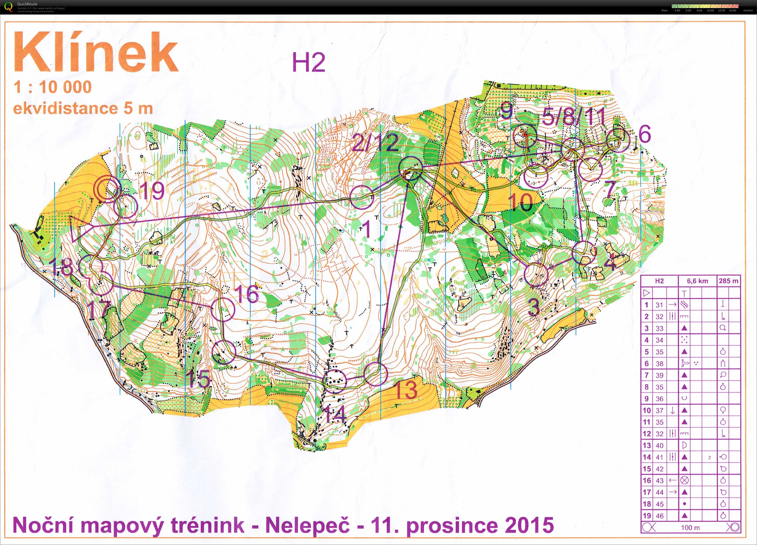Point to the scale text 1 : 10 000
[x=52, y=87]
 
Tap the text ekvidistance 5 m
[x=83, y=109]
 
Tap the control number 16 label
[x=246, y=293]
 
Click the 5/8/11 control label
[x=573, y=117]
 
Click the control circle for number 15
[x=224, y=352]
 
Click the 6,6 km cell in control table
[x=697, y=281]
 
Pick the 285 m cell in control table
[x=729, y=281]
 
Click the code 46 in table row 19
[x=659, y=516]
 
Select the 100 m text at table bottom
[x=690, y=528]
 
